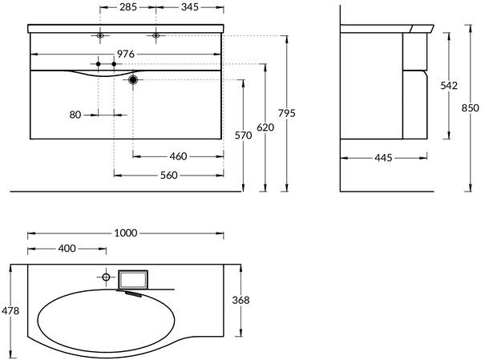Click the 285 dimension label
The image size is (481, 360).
128,6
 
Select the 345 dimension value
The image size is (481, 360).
190,6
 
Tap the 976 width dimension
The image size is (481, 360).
126,54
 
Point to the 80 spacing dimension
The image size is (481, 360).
75,115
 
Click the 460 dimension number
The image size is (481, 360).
178,156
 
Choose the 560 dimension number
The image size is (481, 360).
169,176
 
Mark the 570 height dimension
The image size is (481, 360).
243,136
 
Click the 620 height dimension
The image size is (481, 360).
265,127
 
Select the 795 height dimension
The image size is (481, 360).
287,113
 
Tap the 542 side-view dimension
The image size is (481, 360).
449,86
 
